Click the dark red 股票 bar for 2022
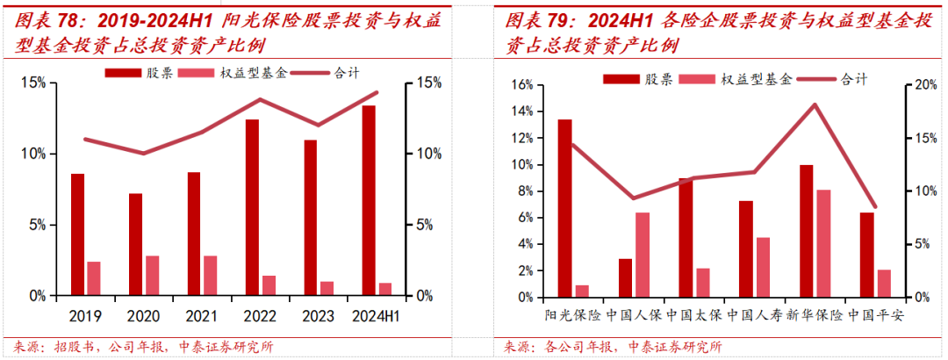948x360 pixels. click(252, 207)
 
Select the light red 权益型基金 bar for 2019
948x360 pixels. click(94, 278)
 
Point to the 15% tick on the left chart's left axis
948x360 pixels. click(35, 83)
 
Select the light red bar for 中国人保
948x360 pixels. click(643, 254)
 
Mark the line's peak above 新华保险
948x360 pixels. click(815, 104)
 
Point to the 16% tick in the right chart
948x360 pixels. click(519, 85)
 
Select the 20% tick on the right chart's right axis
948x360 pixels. click(917, 85)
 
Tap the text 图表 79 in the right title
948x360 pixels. click(531, 19)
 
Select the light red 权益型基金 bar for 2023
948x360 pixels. click(327, 288)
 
